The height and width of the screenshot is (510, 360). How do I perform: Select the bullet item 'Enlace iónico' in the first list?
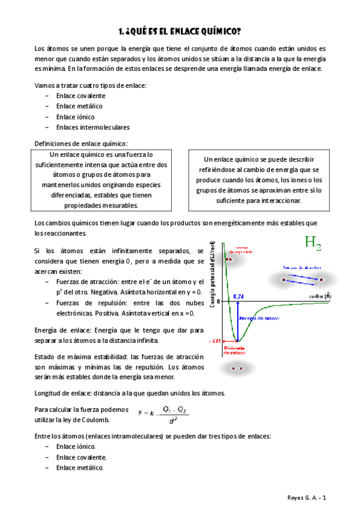pyautogui.click(x=75, y=117)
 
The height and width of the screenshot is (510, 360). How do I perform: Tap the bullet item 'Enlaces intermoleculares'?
pyautogui.click(x=93, y=127)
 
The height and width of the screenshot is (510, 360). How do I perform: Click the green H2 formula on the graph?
pyautogui.click(x=313, y=244)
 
